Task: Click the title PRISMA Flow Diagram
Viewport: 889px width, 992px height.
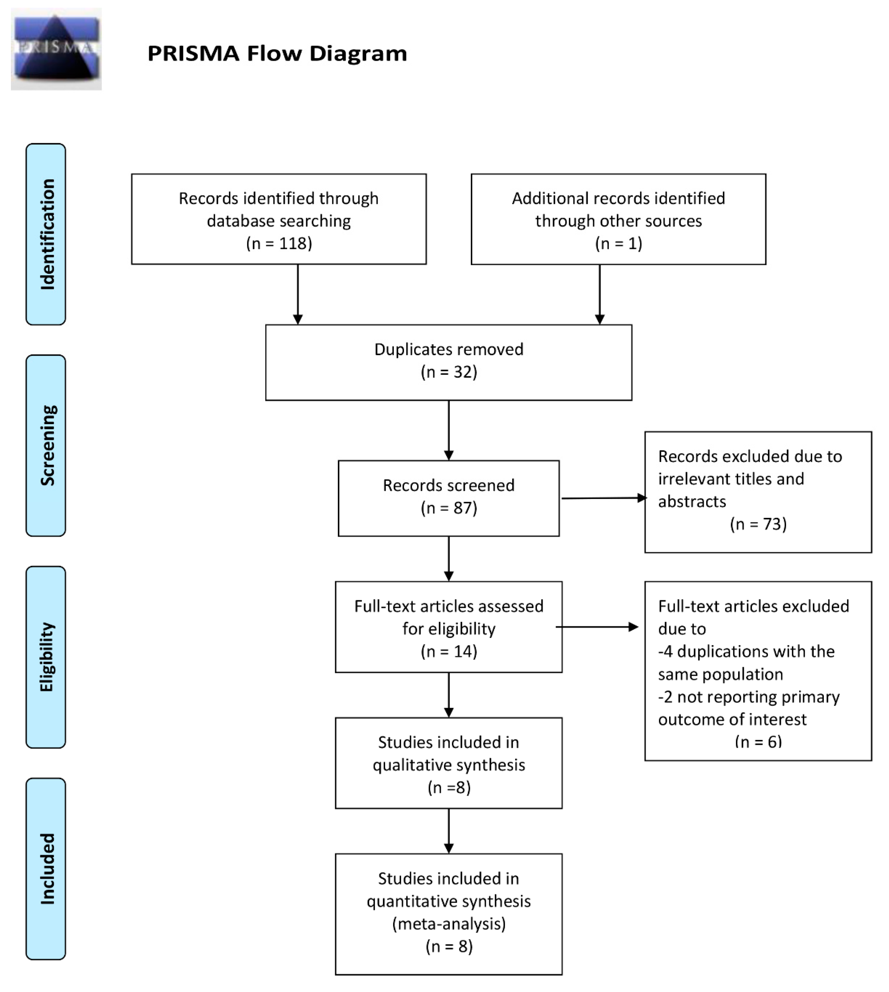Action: (x=277, y=53)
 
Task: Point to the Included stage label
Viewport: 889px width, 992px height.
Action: (x=46, y=868)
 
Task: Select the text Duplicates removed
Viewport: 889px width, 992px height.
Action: (x=448, y=349)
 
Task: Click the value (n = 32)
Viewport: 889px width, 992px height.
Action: (x=448, y=372)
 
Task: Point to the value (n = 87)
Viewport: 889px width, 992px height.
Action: (x=448, y=508)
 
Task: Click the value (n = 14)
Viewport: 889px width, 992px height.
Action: (x=448, y=651)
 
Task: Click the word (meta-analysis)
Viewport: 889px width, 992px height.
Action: (x=448, y=924)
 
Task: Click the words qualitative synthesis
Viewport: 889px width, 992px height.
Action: (x=448, y=765)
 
